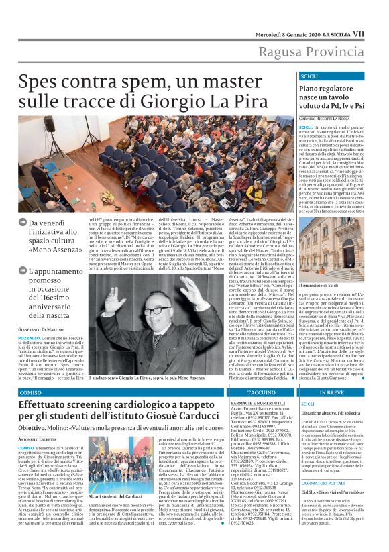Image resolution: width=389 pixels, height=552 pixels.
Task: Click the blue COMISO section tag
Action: (31, 392)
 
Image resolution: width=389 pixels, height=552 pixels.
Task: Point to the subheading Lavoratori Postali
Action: (324, 482)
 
